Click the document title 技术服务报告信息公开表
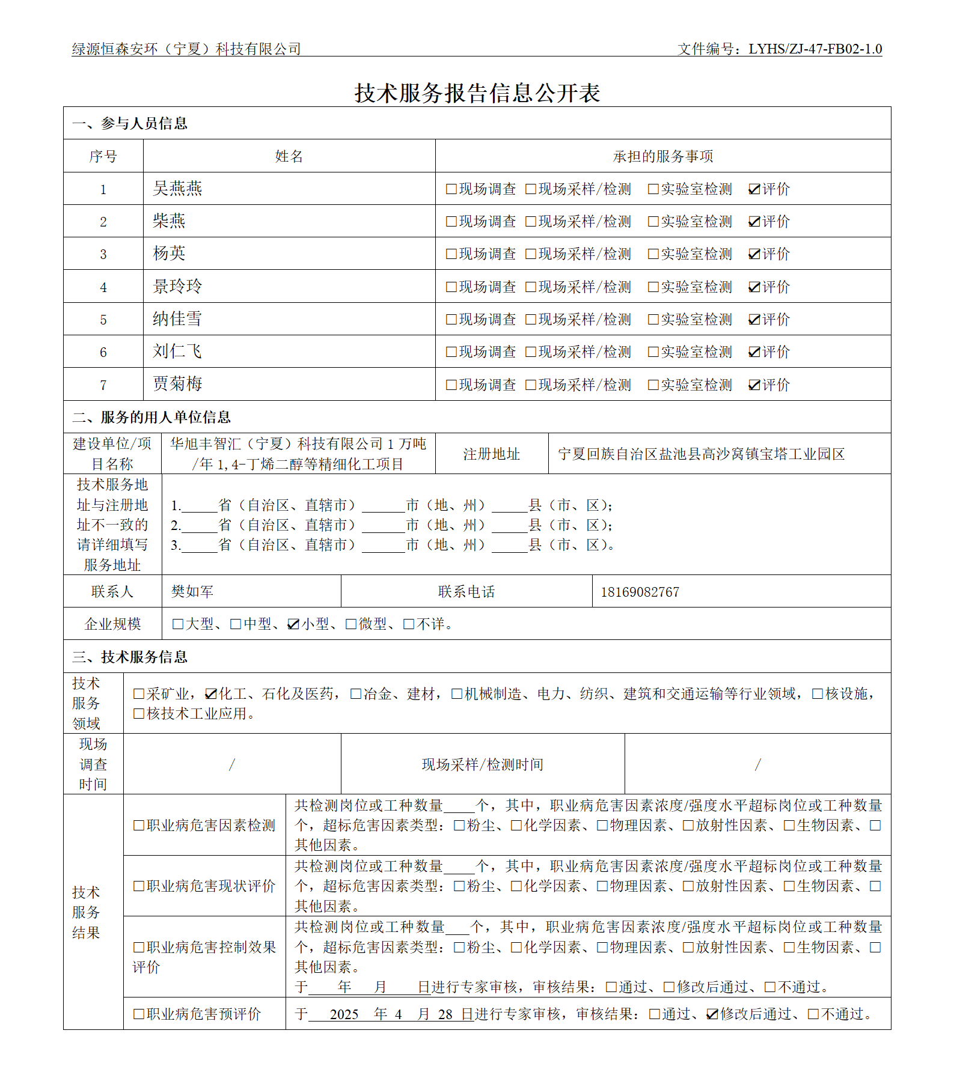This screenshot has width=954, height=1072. [477, 93]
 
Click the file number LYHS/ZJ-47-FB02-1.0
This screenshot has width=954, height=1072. [815, 49]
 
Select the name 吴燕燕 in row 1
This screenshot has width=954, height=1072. [177, 189]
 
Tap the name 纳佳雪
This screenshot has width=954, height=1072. [177, 319]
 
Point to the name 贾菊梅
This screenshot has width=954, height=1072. [177, 384]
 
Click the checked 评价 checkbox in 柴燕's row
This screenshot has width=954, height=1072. [754, 222]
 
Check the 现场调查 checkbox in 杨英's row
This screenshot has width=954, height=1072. [451, 254]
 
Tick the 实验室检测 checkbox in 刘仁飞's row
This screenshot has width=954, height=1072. [653, 352]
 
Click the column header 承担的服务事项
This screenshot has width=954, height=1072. [662, 157]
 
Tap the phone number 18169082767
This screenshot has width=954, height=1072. [640, 592]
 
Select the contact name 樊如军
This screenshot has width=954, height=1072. [192, 592]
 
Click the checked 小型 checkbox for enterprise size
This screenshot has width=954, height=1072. [293, 624]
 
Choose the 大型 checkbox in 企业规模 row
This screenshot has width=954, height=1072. [178, 624]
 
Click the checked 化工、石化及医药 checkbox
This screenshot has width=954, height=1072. [210, 694]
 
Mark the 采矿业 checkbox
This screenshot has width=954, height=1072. [139, 694]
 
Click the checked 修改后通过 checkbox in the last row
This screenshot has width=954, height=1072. [712, 1014]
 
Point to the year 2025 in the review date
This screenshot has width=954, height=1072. [344, 1014]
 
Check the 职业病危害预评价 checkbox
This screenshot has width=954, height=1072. [139, 1014]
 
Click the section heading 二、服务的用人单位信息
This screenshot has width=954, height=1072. [151, 417]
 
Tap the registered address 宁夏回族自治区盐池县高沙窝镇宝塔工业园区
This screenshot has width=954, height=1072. [701, 454]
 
